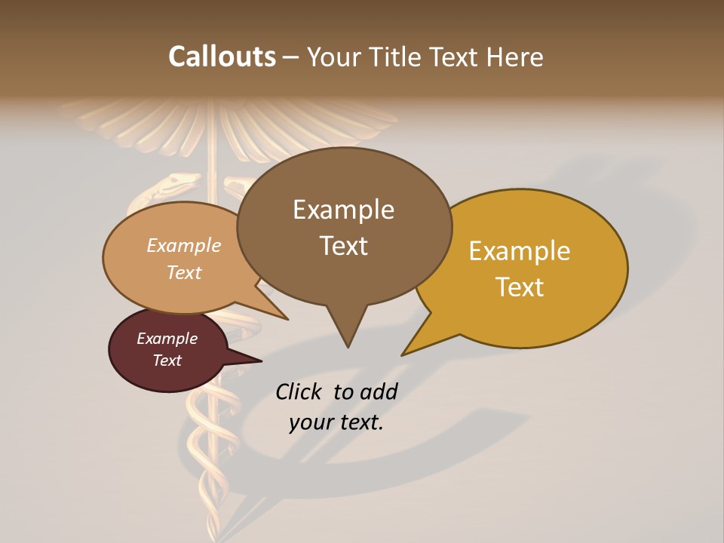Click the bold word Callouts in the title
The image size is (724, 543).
[x=222, y=57]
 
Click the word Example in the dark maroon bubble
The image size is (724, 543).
[x=167, y=339]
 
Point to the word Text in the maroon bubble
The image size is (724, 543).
[x=167, y=360]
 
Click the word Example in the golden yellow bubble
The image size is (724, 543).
[x=520, y=251]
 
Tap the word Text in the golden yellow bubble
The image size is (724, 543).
[x=520, y=287]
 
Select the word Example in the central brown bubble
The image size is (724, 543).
[x=343, y=210]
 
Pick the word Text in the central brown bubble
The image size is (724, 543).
[x=343, y=246]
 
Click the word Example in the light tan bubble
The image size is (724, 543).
[x=184, y=246]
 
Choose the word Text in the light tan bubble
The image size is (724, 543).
[x=184, y=272]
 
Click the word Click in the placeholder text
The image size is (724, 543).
[x=300, y=391]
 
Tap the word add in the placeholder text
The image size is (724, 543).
[x=379, y=391]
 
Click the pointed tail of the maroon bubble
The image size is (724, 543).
[x=260, y=361]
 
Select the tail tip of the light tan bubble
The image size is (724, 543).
[x=287, y=319]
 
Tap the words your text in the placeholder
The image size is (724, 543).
[x=336, y=422]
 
